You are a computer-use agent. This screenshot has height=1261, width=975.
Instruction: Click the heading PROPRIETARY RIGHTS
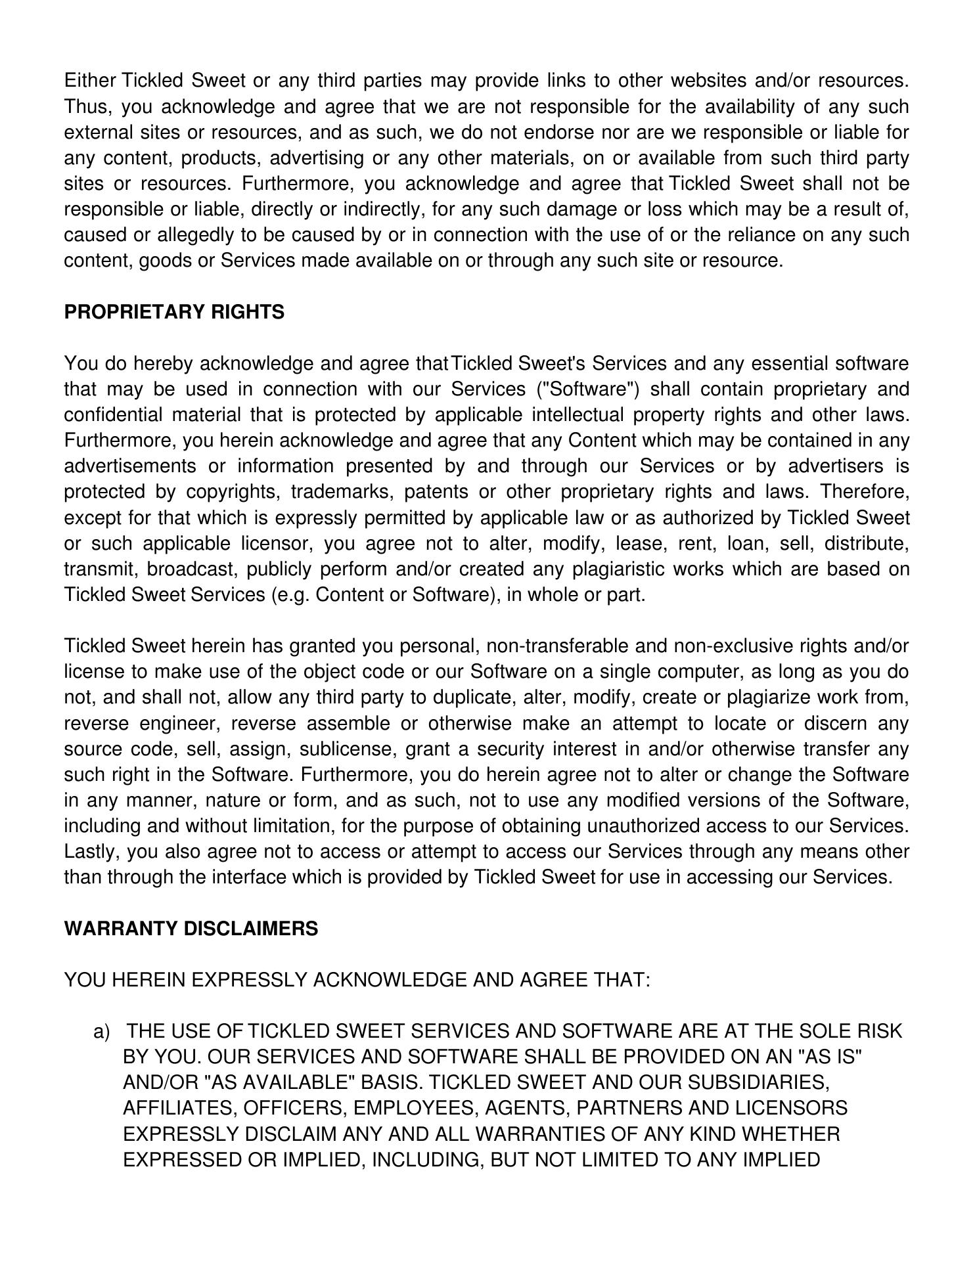coord(174,312)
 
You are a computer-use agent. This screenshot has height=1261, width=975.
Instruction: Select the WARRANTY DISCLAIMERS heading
coord(191,929)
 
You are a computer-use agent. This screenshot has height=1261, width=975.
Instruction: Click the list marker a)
coord(102,1032)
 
